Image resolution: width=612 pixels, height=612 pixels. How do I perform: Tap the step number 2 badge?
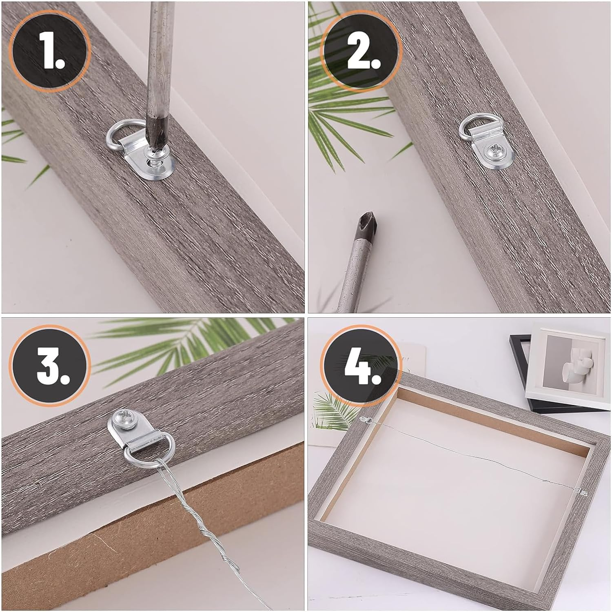point(360,51)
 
